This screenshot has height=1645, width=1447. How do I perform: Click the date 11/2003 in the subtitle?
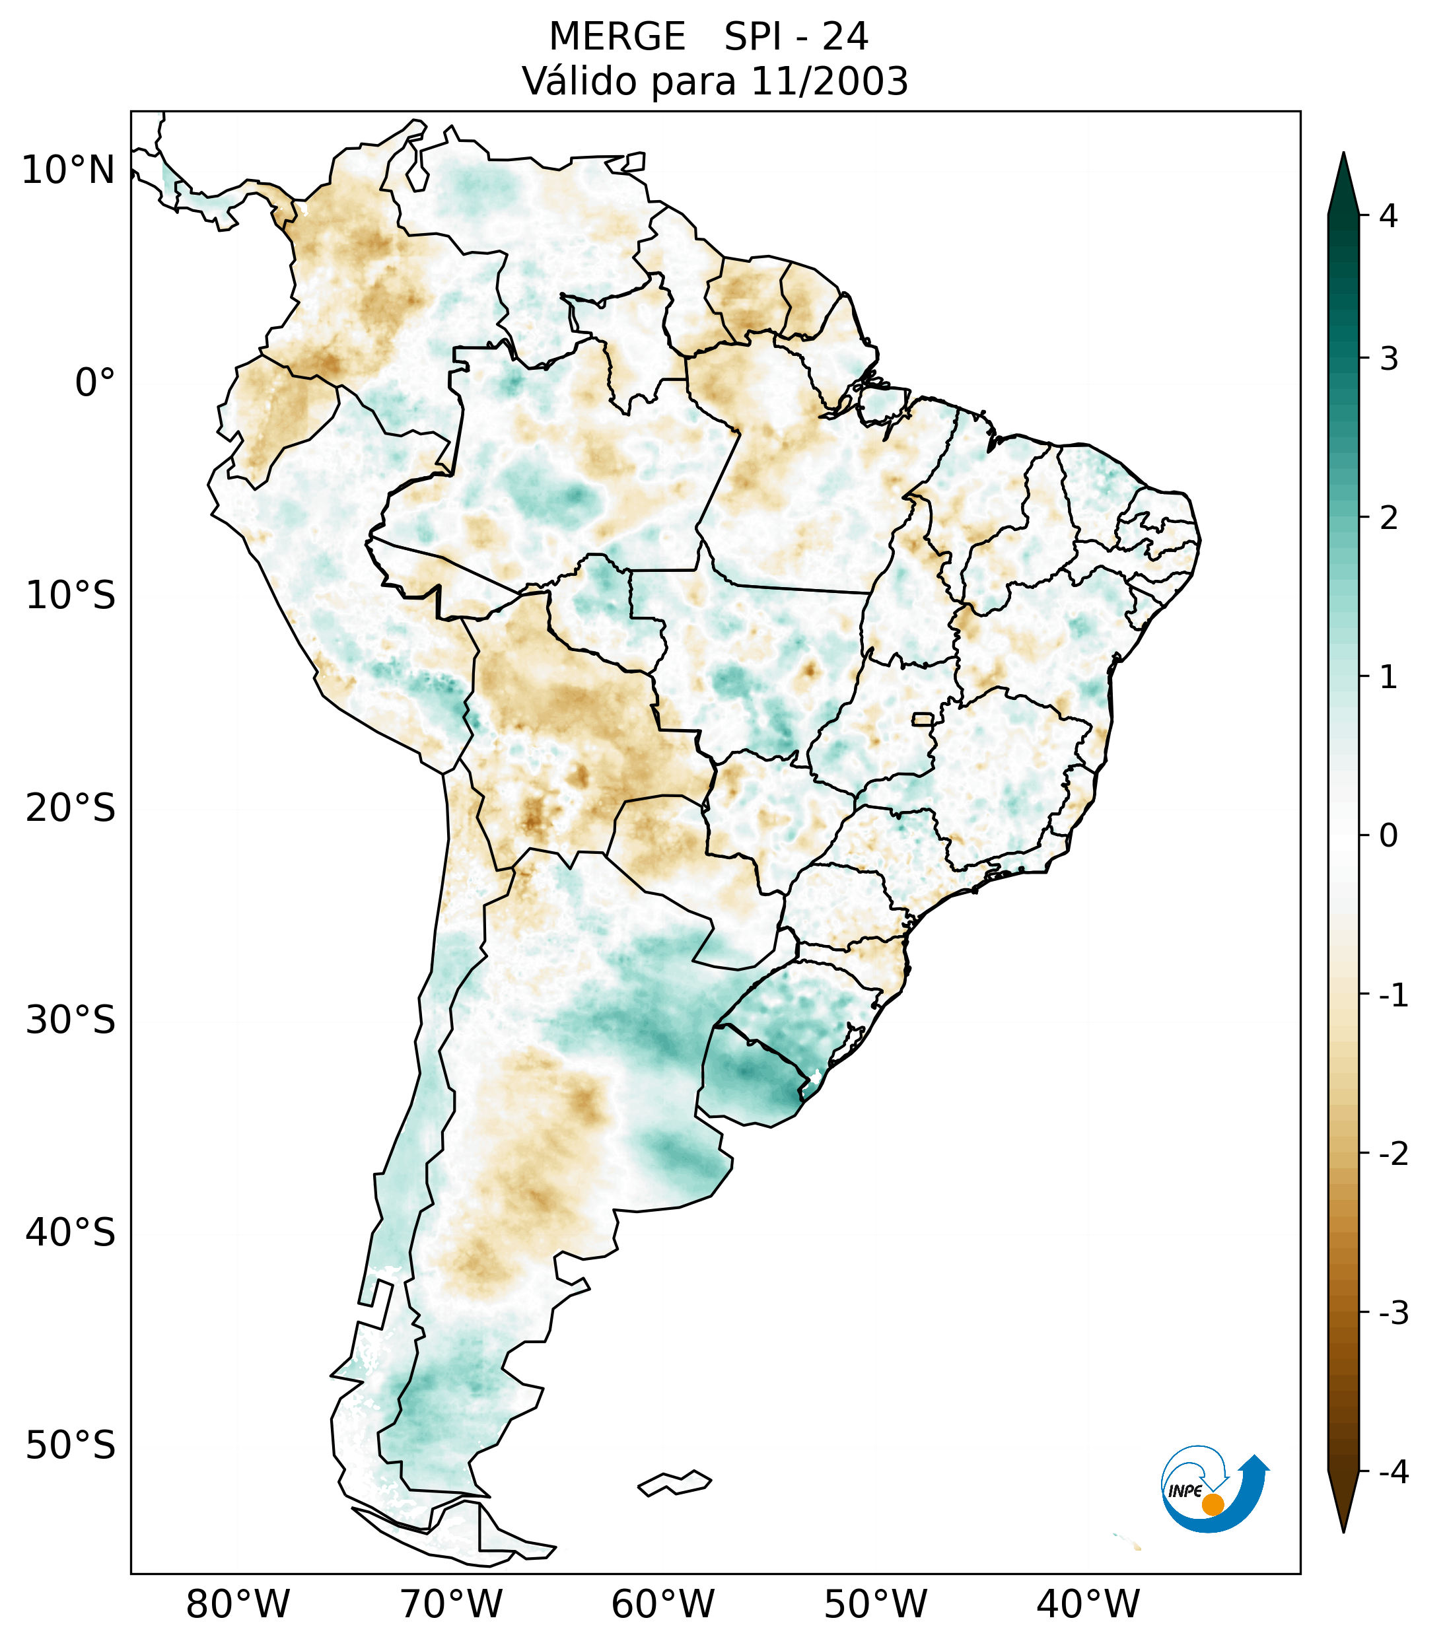point(829,81)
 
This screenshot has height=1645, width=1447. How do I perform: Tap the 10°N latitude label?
point(69,170)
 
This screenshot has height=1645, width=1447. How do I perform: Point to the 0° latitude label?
point(95,383)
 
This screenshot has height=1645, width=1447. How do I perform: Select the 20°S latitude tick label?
point(71,808)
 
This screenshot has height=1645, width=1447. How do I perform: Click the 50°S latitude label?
point(71,1446)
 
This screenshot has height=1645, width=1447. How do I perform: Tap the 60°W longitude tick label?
point(662,1604)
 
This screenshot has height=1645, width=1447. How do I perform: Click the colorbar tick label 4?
point(1388,216)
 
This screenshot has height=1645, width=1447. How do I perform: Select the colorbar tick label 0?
point(1388,835)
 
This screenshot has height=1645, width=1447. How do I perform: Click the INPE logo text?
point(1185,1491)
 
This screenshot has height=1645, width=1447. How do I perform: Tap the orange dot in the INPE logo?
point(1213,1504)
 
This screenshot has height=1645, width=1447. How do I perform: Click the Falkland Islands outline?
point(675,1483)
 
